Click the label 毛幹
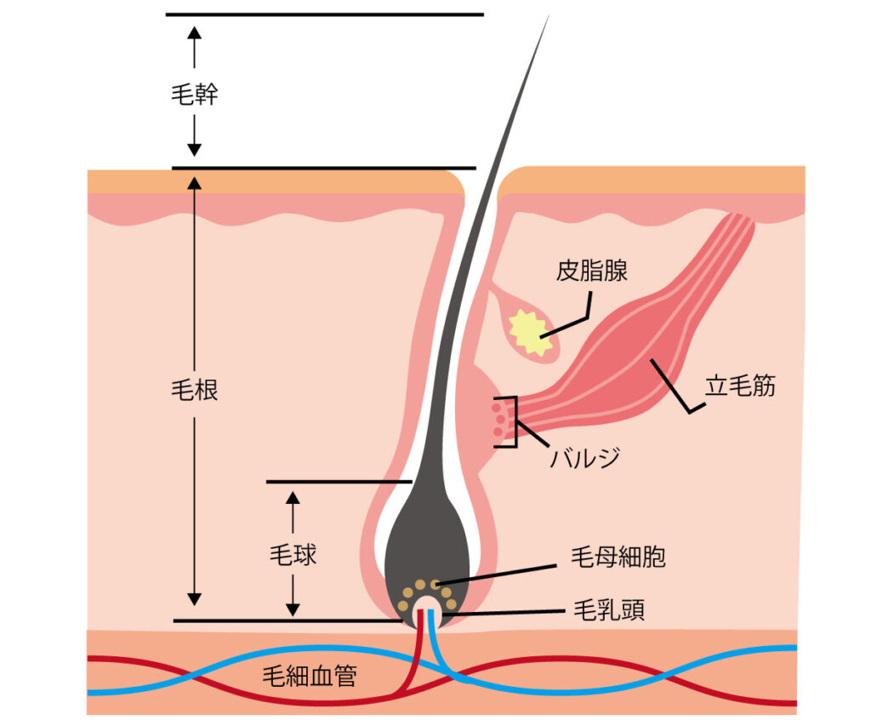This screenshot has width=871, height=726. pos(194,94)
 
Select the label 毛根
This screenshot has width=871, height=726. pos(194,391)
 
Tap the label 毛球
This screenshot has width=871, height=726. pos(293,555)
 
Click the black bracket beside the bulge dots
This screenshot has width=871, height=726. pos(512,421)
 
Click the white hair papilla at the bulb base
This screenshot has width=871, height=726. pos(428,615)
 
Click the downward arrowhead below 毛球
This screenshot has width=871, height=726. pos(293,609)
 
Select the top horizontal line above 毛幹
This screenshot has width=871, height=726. pos(324,14)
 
